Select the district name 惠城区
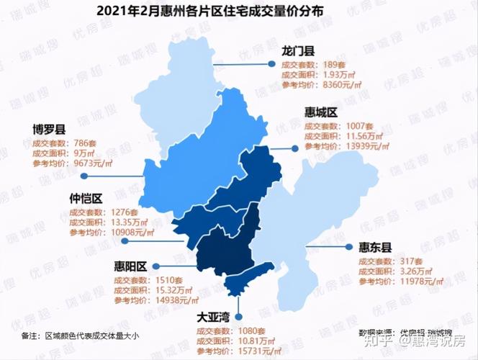pos(321,113)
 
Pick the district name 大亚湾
pos(214,315)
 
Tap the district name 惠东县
pos(375,247)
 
